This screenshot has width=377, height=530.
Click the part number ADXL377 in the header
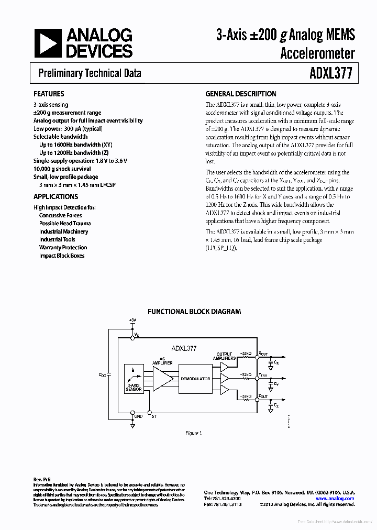332,73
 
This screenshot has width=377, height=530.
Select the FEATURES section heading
49,94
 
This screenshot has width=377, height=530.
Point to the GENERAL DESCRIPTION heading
240,94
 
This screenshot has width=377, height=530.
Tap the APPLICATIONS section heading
56,196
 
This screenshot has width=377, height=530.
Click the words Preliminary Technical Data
90,73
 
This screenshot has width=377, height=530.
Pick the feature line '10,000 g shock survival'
62,169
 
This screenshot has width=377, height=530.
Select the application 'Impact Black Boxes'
61,256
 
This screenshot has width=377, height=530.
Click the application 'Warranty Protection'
63,247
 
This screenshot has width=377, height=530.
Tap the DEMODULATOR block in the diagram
195,379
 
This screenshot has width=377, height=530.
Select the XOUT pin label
262,354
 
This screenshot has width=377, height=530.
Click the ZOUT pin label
262,396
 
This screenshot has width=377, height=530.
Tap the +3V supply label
132,319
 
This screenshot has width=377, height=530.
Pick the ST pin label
154,416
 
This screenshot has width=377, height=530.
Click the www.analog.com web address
336,499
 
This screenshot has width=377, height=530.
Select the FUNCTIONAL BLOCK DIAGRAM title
194,311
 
